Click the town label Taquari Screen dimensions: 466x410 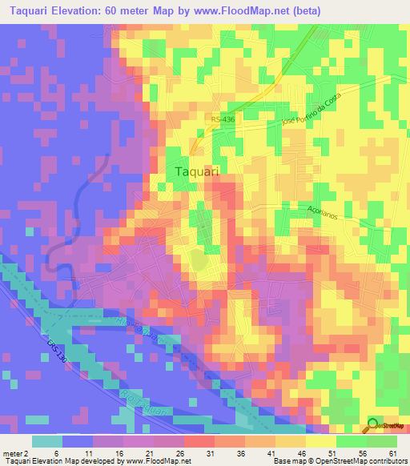pos(196,171)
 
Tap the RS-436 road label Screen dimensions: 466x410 pos(223,119)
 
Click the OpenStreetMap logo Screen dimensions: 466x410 pos(387,424)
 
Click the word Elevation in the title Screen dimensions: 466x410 pos(82,10)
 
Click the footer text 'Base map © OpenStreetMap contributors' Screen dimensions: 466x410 pos(339,461)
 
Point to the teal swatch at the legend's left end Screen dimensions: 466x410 pos(46,441)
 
